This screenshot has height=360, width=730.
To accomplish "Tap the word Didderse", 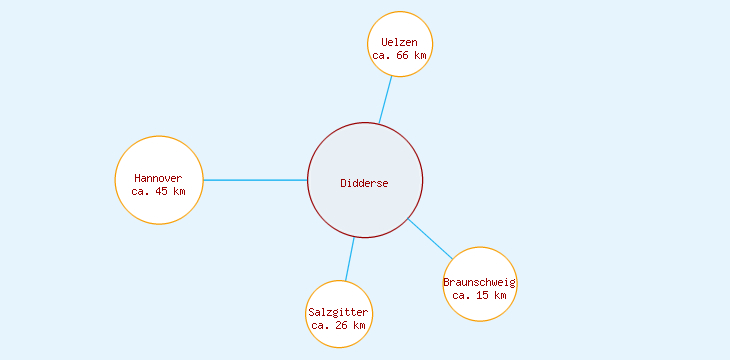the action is (x=364, y=183).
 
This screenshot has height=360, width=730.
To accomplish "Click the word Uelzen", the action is (x=400, y=42).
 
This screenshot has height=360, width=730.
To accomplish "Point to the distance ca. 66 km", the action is (x=400, y=56).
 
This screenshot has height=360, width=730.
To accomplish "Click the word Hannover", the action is (x=158, y=178).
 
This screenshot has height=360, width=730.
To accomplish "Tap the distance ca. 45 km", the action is (x=158, y=191).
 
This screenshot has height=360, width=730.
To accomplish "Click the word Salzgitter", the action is (x=338, y=313).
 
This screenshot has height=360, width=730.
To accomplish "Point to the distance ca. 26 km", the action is (x=338, y=326).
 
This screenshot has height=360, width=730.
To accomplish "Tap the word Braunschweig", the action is (x=480, y=282).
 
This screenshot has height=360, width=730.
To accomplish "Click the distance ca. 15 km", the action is (x=480, y=296).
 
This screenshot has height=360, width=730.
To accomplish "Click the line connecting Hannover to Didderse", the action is (x=255, y=180).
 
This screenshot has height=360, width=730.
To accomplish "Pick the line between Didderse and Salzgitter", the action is (x=350, y=259).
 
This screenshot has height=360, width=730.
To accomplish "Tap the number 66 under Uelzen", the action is (x=403, y=56).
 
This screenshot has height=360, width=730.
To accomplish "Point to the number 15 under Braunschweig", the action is (x=483, y=296).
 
